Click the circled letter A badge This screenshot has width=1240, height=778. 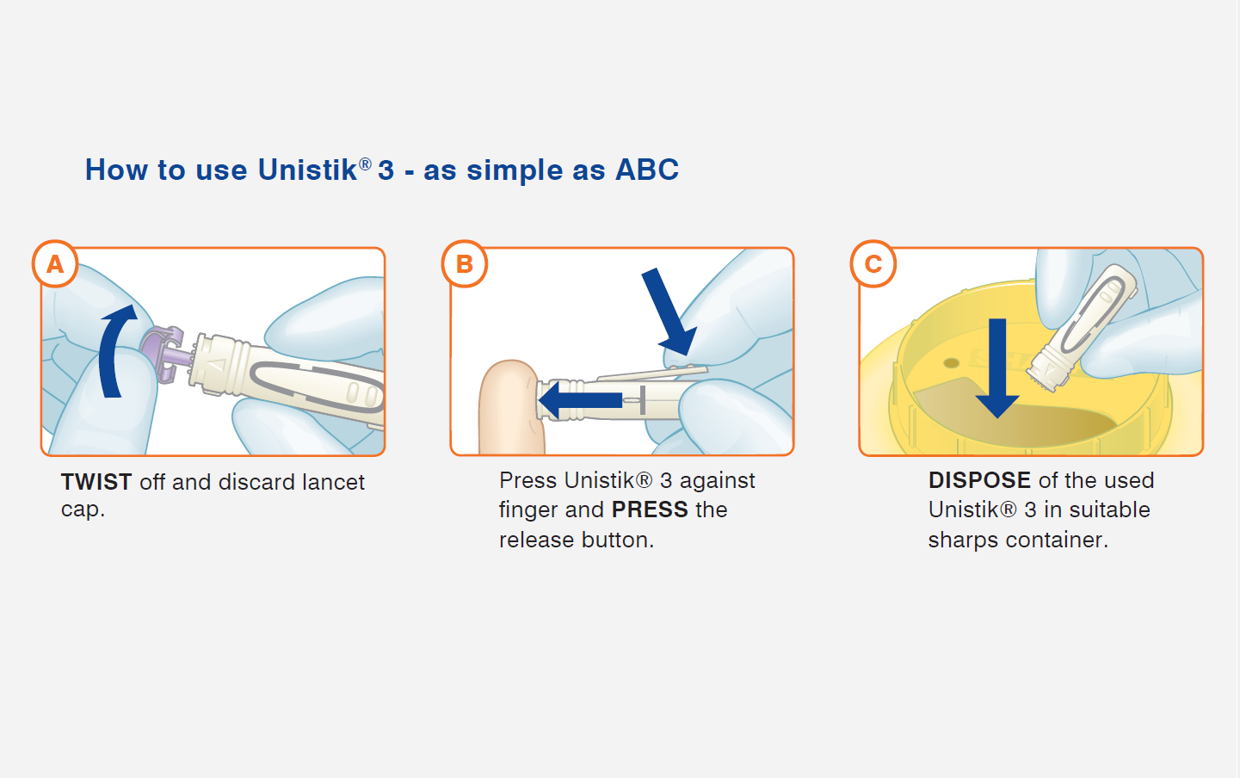[x=55, y=263]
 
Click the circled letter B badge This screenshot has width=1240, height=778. [x=465, y=263]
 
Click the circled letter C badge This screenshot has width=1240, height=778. [x=873, y=263]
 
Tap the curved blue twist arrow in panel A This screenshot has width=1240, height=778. [x=111, y=355]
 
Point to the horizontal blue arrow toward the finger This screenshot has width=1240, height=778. [x=580, y=399]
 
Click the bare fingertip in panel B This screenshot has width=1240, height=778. [x=509, y=407]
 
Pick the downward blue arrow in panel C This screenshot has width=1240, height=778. [x=997, y=368]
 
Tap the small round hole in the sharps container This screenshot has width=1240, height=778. [x=952, y=363]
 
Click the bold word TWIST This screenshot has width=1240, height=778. [x=96, y=482]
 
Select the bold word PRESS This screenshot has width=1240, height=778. [x=650, y=509]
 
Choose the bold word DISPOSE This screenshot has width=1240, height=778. [x=979, y=480]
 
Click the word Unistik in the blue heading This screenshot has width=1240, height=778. [x=308, y=170]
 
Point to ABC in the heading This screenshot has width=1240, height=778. [x=647, y=170]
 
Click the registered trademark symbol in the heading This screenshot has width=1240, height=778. [x=365, y=164]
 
